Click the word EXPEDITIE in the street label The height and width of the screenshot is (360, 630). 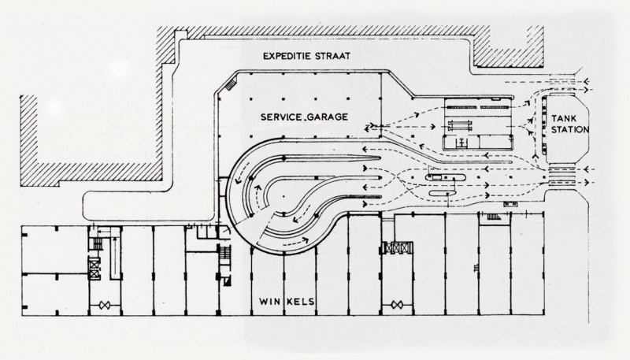(x=294, y=57)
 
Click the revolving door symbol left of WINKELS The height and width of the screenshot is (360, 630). (x=103, y=304)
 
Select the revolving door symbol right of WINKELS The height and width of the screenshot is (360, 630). (x=396, y=304)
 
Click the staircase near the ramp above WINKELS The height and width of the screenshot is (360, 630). (x=224, y=255)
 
